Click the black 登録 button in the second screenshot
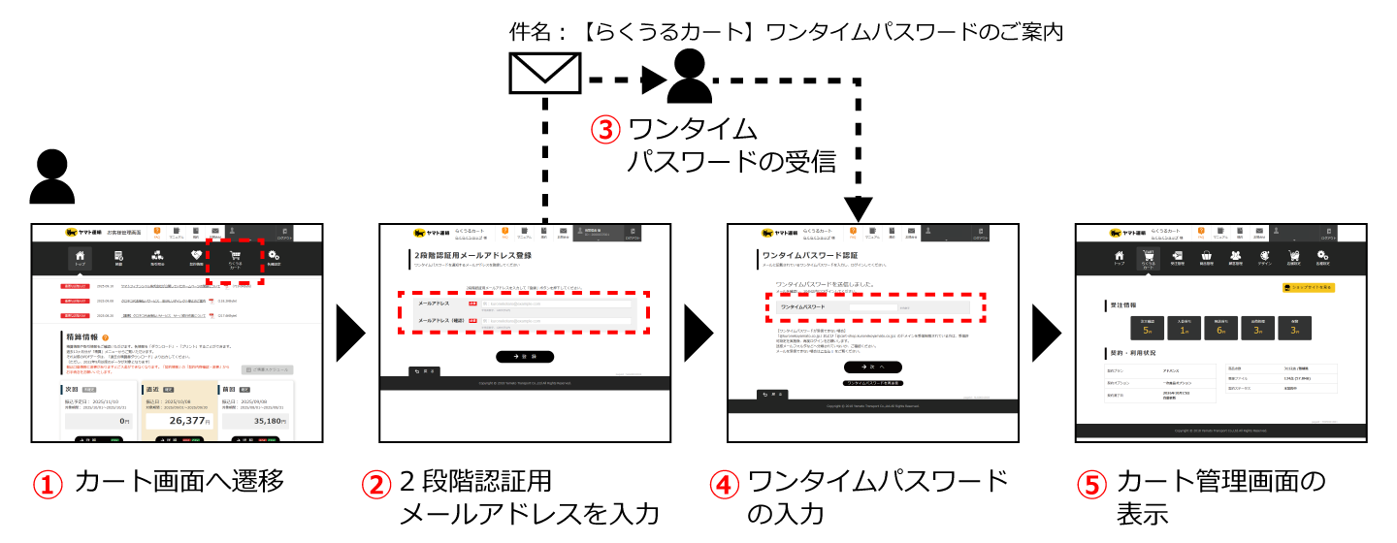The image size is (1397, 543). click(525, 356)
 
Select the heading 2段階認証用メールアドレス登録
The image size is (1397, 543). click(464, 255)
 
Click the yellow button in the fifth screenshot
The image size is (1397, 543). click(1309, 287)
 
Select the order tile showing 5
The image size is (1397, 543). click(1147, 328)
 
